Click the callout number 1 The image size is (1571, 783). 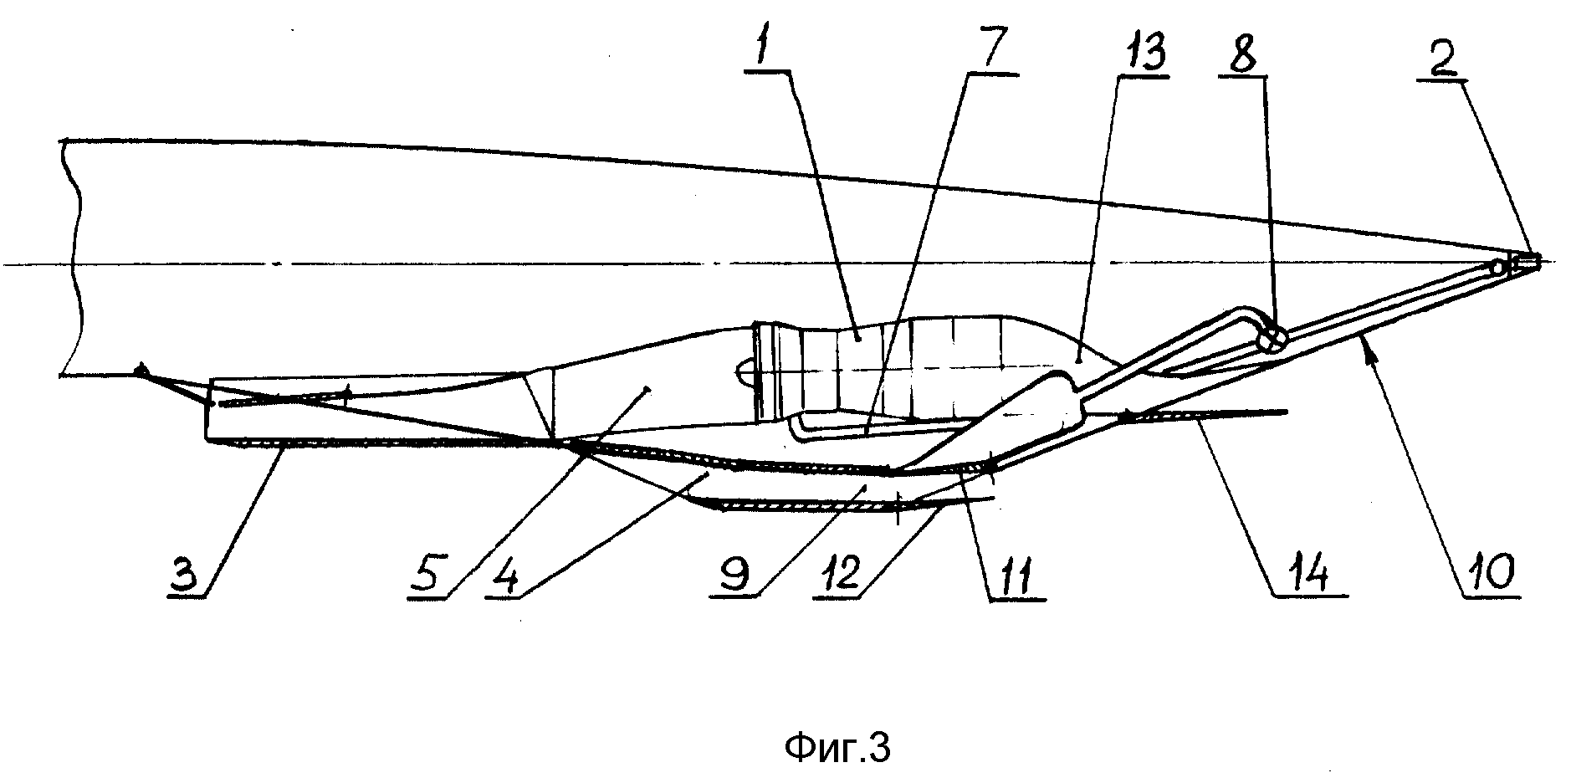click(762, 50)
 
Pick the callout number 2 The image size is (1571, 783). click(1441, 59)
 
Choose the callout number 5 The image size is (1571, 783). click(430, 576)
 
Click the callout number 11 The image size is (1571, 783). click(1015, 576)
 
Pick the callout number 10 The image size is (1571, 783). click(1492, 576)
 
